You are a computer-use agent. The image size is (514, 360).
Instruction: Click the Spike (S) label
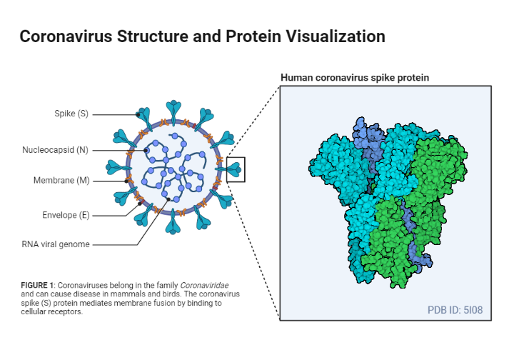(x=71, y=114)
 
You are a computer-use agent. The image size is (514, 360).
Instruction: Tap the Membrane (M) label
(x=61, y=181)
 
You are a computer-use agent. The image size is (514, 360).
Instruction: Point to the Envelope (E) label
(x=65, y=214)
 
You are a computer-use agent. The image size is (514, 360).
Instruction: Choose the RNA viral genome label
(x=55, y=244)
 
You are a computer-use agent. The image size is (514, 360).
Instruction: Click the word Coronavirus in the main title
(x=64, y=36)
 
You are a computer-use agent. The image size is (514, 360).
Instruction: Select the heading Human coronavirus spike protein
(x=355, y=77)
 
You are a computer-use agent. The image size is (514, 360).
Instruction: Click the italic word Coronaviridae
(x=202, y=286)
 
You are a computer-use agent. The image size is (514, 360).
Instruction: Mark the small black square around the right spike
(x=236, y=169)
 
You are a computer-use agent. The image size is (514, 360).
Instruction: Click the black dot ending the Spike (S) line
(x=138, y=114)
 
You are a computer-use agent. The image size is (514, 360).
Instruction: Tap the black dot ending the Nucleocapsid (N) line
(x=146, y=151)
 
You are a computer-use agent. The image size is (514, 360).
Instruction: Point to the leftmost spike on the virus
(x=115, y=169)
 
